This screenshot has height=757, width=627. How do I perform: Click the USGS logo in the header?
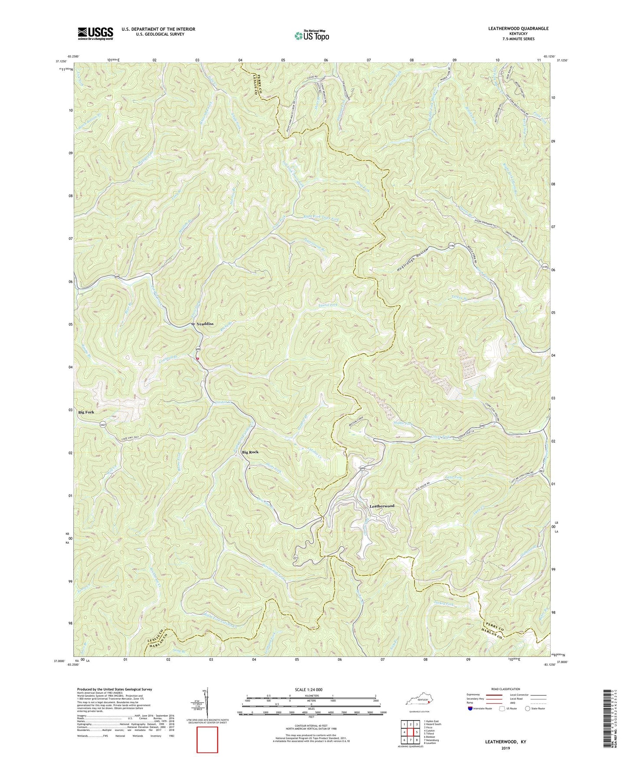[x=95, y=33]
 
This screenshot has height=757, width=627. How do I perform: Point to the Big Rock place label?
[x=250, y=452]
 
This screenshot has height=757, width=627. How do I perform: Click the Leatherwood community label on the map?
[x=382, y=506]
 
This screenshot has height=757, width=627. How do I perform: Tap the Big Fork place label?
[x=86, y=412]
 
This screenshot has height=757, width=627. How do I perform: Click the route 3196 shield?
[x=452, y=246]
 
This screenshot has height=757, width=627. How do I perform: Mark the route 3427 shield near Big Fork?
[x=102, y=424]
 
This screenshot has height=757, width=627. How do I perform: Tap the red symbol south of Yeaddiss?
[x=197, y=359]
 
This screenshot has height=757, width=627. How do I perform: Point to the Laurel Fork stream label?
[x=328, y=305]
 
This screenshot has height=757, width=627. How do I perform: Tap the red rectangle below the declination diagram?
[x=207, y=740]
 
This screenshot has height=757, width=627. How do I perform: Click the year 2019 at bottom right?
[x=506, y=748]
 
